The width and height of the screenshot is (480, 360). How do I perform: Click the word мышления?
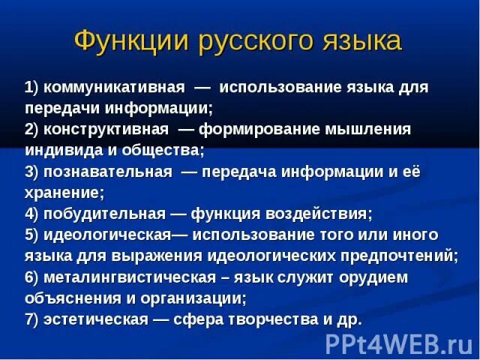click(x=368, y=129)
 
